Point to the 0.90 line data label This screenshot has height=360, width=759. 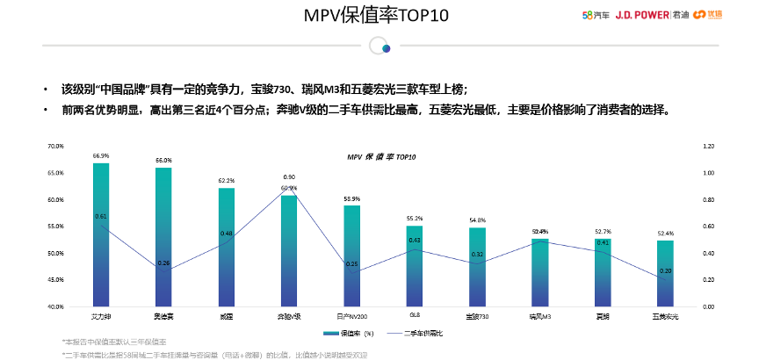click(289, 177)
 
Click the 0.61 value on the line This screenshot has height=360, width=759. click(101, 216)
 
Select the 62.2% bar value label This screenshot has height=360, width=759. click(227, 181)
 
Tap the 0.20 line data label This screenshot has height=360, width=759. click(665, 270)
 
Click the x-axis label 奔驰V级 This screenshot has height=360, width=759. click(289, 314)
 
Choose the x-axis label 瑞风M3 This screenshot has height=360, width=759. click(539, 314)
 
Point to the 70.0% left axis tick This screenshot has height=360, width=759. click(56, 146)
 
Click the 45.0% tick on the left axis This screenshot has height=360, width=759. click(56, 280)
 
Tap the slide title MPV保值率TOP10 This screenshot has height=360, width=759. click(379, 16)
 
